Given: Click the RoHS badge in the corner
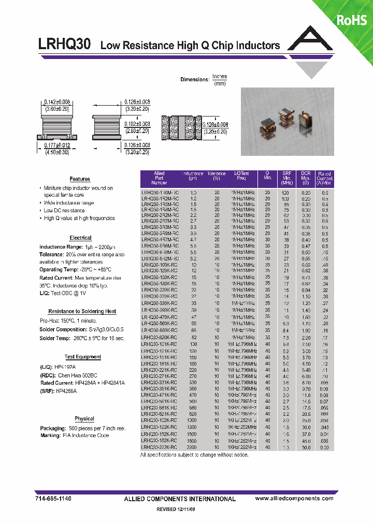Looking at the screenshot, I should click(352, 20).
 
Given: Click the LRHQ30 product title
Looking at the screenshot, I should click(65, 45).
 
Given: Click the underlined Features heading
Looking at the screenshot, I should click(80, 179).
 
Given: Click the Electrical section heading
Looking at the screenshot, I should click(80, 238).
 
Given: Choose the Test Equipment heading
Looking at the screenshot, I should click(83, 357).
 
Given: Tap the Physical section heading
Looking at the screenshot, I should click(84, 419).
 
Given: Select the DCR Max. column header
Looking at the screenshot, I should click(306, 178).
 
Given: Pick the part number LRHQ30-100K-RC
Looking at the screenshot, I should click(160, 265).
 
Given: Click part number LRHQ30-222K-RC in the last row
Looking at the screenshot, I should click(160, 447).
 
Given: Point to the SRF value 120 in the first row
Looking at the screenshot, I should click(285, 192).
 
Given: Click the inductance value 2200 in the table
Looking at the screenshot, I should click(192, 447).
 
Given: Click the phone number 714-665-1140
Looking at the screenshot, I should click(54, 498).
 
